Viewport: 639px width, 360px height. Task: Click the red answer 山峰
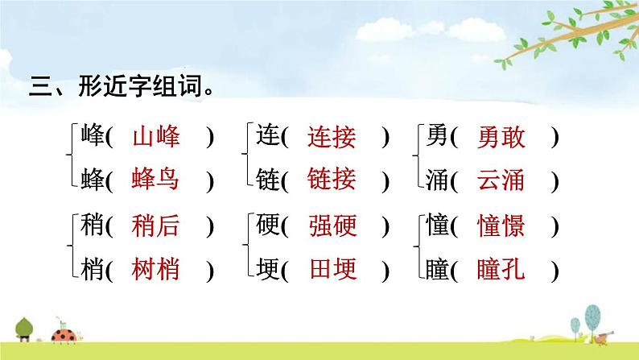click(155, 138)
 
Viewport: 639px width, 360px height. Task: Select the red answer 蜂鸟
click(155, 180)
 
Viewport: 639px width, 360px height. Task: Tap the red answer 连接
click(331, 138)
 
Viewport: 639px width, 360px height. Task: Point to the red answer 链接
click(331, 180)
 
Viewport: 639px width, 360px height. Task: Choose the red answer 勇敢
click(501, 138)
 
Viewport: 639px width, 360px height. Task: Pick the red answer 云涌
click(501, 180)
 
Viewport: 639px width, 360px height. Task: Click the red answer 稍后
click(155, 228)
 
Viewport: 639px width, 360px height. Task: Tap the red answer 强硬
click(332, 228)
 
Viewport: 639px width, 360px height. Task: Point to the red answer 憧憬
click(501, 228)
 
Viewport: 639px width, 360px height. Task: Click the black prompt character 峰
click(92, 138)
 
